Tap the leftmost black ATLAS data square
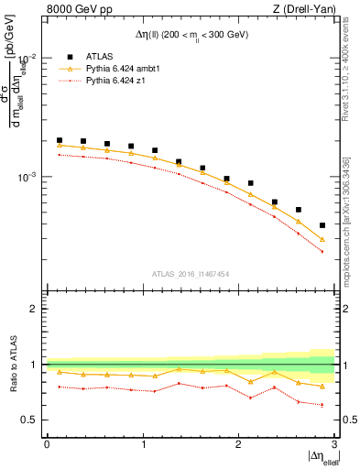point(60,140)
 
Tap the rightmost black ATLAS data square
point(322,225)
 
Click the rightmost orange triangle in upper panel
point(322,239)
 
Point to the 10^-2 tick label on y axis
point(28,58)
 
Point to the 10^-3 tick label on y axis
point(28,177)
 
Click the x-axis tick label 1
point(143,443)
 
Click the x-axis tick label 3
point(333,443)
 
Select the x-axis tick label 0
point(47,443)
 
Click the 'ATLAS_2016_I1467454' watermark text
point(191,274)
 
